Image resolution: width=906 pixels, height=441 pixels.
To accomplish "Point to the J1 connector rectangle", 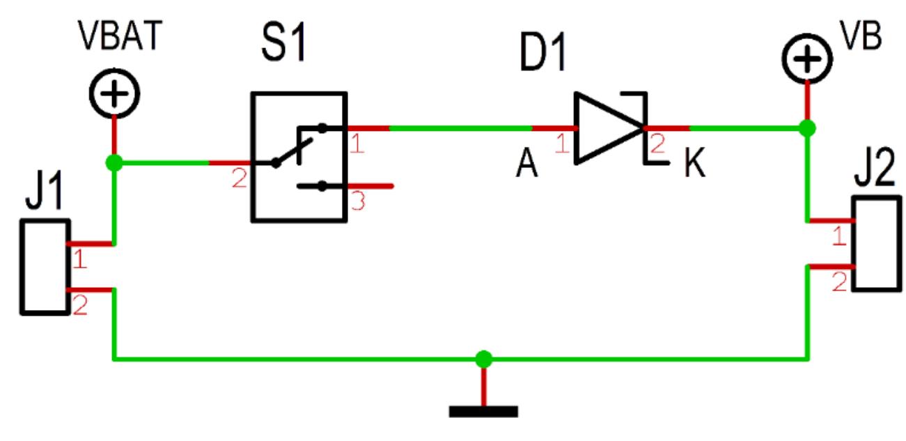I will [45, 267].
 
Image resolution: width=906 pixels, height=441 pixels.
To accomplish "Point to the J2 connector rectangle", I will [875, 243].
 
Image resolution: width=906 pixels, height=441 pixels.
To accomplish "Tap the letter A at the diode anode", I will [526, 167].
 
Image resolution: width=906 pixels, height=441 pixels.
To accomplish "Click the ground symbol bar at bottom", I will [483, 411].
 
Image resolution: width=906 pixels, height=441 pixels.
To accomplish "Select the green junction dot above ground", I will [483, 359].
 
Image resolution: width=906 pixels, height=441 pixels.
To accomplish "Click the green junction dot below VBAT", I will [114, 164].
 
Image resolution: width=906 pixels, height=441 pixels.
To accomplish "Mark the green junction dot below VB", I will [807, 128].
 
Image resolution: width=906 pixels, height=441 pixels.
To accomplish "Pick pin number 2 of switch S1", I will [239, 180].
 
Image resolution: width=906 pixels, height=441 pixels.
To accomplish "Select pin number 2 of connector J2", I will [840, 282].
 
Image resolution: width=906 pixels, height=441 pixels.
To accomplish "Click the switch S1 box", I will [298, 157].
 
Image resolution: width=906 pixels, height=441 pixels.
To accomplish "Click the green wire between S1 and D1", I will [460, 128].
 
